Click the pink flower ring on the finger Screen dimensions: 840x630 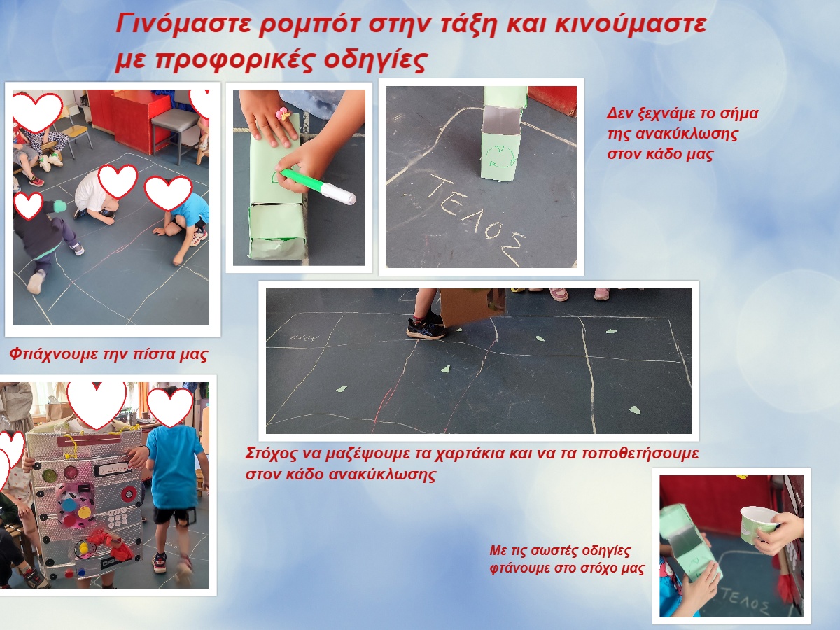(284, 113)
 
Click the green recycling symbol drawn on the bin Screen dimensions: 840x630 (500, 156)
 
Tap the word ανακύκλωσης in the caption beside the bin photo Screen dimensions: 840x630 (686, 134)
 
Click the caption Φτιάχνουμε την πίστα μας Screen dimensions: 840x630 (108, 354)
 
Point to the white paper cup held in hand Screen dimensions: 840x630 (757, 525)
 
